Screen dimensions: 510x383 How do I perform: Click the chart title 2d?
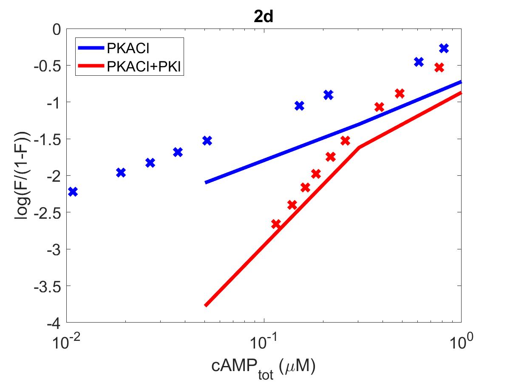[263, 17]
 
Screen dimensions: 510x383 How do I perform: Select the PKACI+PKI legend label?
[144, 67]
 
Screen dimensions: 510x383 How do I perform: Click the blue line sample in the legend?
[91, 48]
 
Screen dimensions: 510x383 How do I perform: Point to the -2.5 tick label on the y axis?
[48, 212]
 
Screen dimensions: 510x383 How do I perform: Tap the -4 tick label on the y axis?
[54, 323]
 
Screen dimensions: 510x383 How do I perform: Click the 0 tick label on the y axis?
[57, 29]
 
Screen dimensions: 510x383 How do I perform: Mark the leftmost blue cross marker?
[73, 191]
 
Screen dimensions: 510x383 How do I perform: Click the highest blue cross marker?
[444, 48]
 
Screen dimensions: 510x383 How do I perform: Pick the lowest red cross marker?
[276, 224]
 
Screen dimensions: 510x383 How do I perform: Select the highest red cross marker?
[439, 68]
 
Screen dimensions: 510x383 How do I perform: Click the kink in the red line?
[359, 147]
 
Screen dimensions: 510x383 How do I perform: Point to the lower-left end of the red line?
[205, 305]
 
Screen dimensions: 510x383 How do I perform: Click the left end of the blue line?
[205, 182]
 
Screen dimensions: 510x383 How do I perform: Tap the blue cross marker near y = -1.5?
[207, 140]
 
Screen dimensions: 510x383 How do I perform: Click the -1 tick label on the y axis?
[54, 102]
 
